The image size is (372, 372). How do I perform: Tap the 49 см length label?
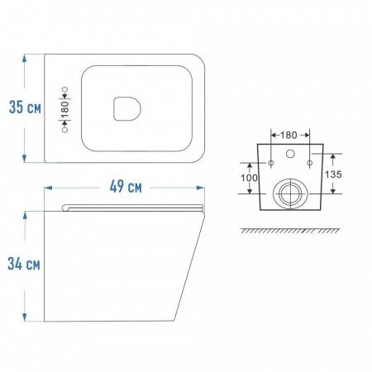[x=124, y=188]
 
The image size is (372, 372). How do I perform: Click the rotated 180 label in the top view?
[x=64, y=108]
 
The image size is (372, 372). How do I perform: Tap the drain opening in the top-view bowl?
[x=126, y=107]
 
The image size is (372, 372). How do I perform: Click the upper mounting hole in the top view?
[x=64, y=88]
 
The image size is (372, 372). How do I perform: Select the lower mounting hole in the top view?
[x=64, y=129]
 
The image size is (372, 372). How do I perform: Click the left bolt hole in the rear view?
[x=271, y=163]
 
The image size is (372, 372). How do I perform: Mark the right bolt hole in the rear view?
[x=308, y=163]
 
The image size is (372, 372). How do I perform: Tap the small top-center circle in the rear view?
[x=289, y=154]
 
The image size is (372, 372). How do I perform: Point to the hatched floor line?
[x=289, y=229]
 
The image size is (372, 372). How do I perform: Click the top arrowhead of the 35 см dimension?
[x=26, y=59]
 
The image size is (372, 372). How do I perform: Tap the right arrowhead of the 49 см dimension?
[x=201, y=188]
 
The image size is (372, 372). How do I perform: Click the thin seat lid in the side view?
[x=132, y=207]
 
